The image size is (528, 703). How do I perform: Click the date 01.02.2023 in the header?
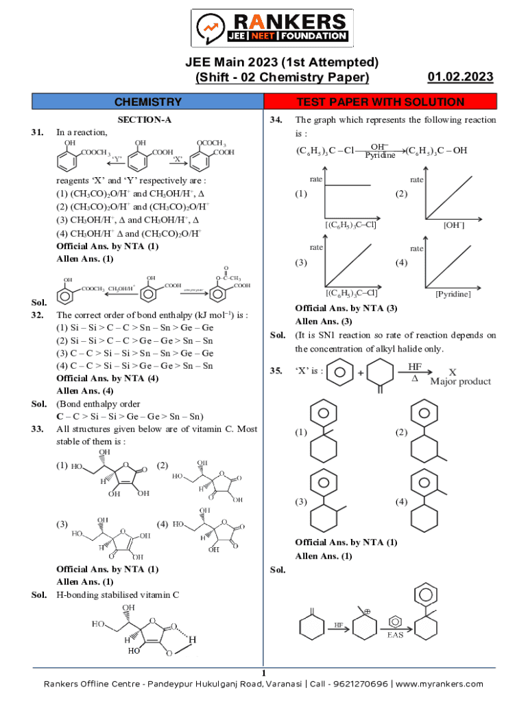coord(460,77)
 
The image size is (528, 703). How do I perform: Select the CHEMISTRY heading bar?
coord(148,102)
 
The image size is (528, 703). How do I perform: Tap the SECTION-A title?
coord(144,119)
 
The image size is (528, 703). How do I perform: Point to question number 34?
coord(277,119)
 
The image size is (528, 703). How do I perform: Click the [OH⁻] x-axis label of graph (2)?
coord(455,224)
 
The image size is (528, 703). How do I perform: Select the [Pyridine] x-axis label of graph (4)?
coord(453,294)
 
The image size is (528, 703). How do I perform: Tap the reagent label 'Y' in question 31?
coord(117,159)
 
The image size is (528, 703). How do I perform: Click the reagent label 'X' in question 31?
coord(177,159)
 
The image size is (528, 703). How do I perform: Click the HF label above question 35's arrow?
coord(415,367)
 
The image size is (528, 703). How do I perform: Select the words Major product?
coord(461,382)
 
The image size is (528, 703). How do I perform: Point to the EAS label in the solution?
coord(396,635)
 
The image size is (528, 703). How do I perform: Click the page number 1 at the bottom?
coord(263,672)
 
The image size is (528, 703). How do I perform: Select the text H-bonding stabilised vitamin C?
coord(117,595)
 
